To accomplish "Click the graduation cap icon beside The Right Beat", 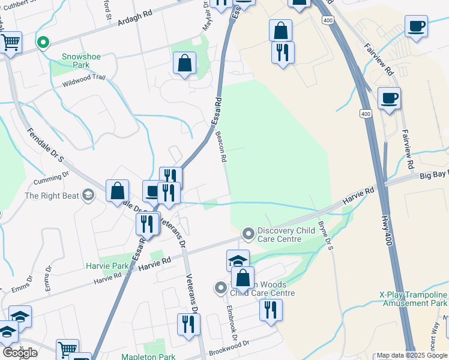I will click(88, 195).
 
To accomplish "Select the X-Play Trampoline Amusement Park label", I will click(413, 300).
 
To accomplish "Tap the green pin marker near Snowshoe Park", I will click(42, 43).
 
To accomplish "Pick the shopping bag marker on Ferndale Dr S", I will click(118, 190).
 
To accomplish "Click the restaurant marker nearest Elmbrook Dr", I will click(271, 310).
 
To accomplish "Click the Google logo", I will click(20, 353).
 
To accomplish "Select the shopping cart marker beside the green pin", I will click(10, 43).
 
